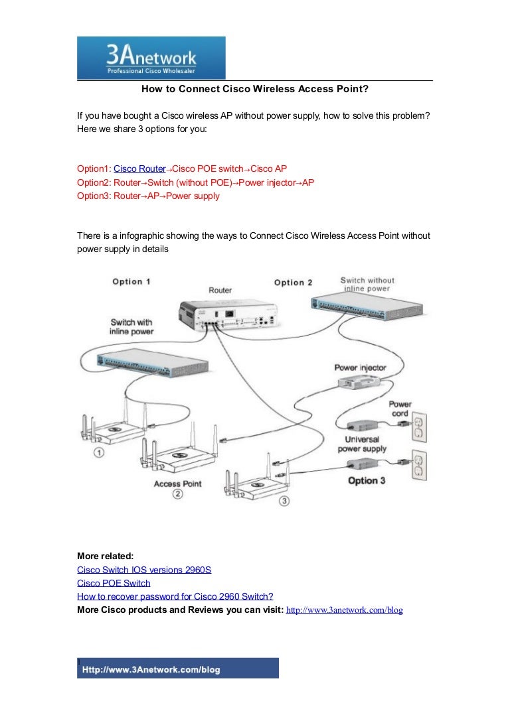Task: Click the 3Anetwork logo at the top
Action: pos(151,58)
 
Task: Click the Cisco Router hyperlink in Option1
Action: pos(139,169)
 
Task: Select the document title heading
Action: pos(254,90)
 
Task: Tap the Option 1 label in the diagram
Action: pos(131,281)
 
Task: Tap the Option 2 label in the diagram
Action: pos(293,283)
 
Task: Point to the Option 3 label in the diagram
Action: pos(367,480)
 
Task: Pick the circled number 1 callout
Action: pos(98,453)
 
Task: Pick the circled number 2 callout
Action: pos(177,494)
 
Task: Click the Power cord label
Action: pos(400,409)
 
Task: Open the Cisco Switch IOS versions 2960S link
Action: pos(144,570)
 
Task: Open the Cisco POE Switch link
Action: pos(114,583)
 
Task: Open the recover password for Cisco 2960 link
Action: pos(175,596)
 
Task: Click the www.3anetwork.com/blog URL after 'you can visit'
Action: pos(344,610)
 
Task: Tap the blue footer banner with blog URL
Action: pos(178,669)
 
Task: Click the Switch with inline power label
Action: pos(131,326)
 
